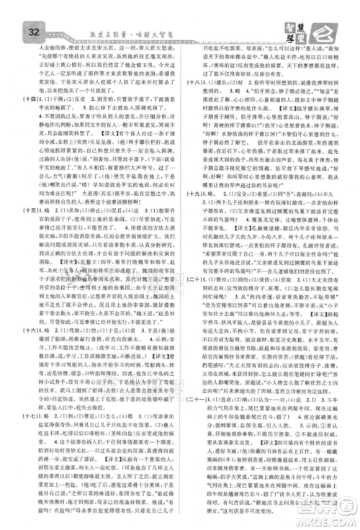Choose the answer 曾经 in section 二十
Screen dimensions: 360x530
226,315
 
